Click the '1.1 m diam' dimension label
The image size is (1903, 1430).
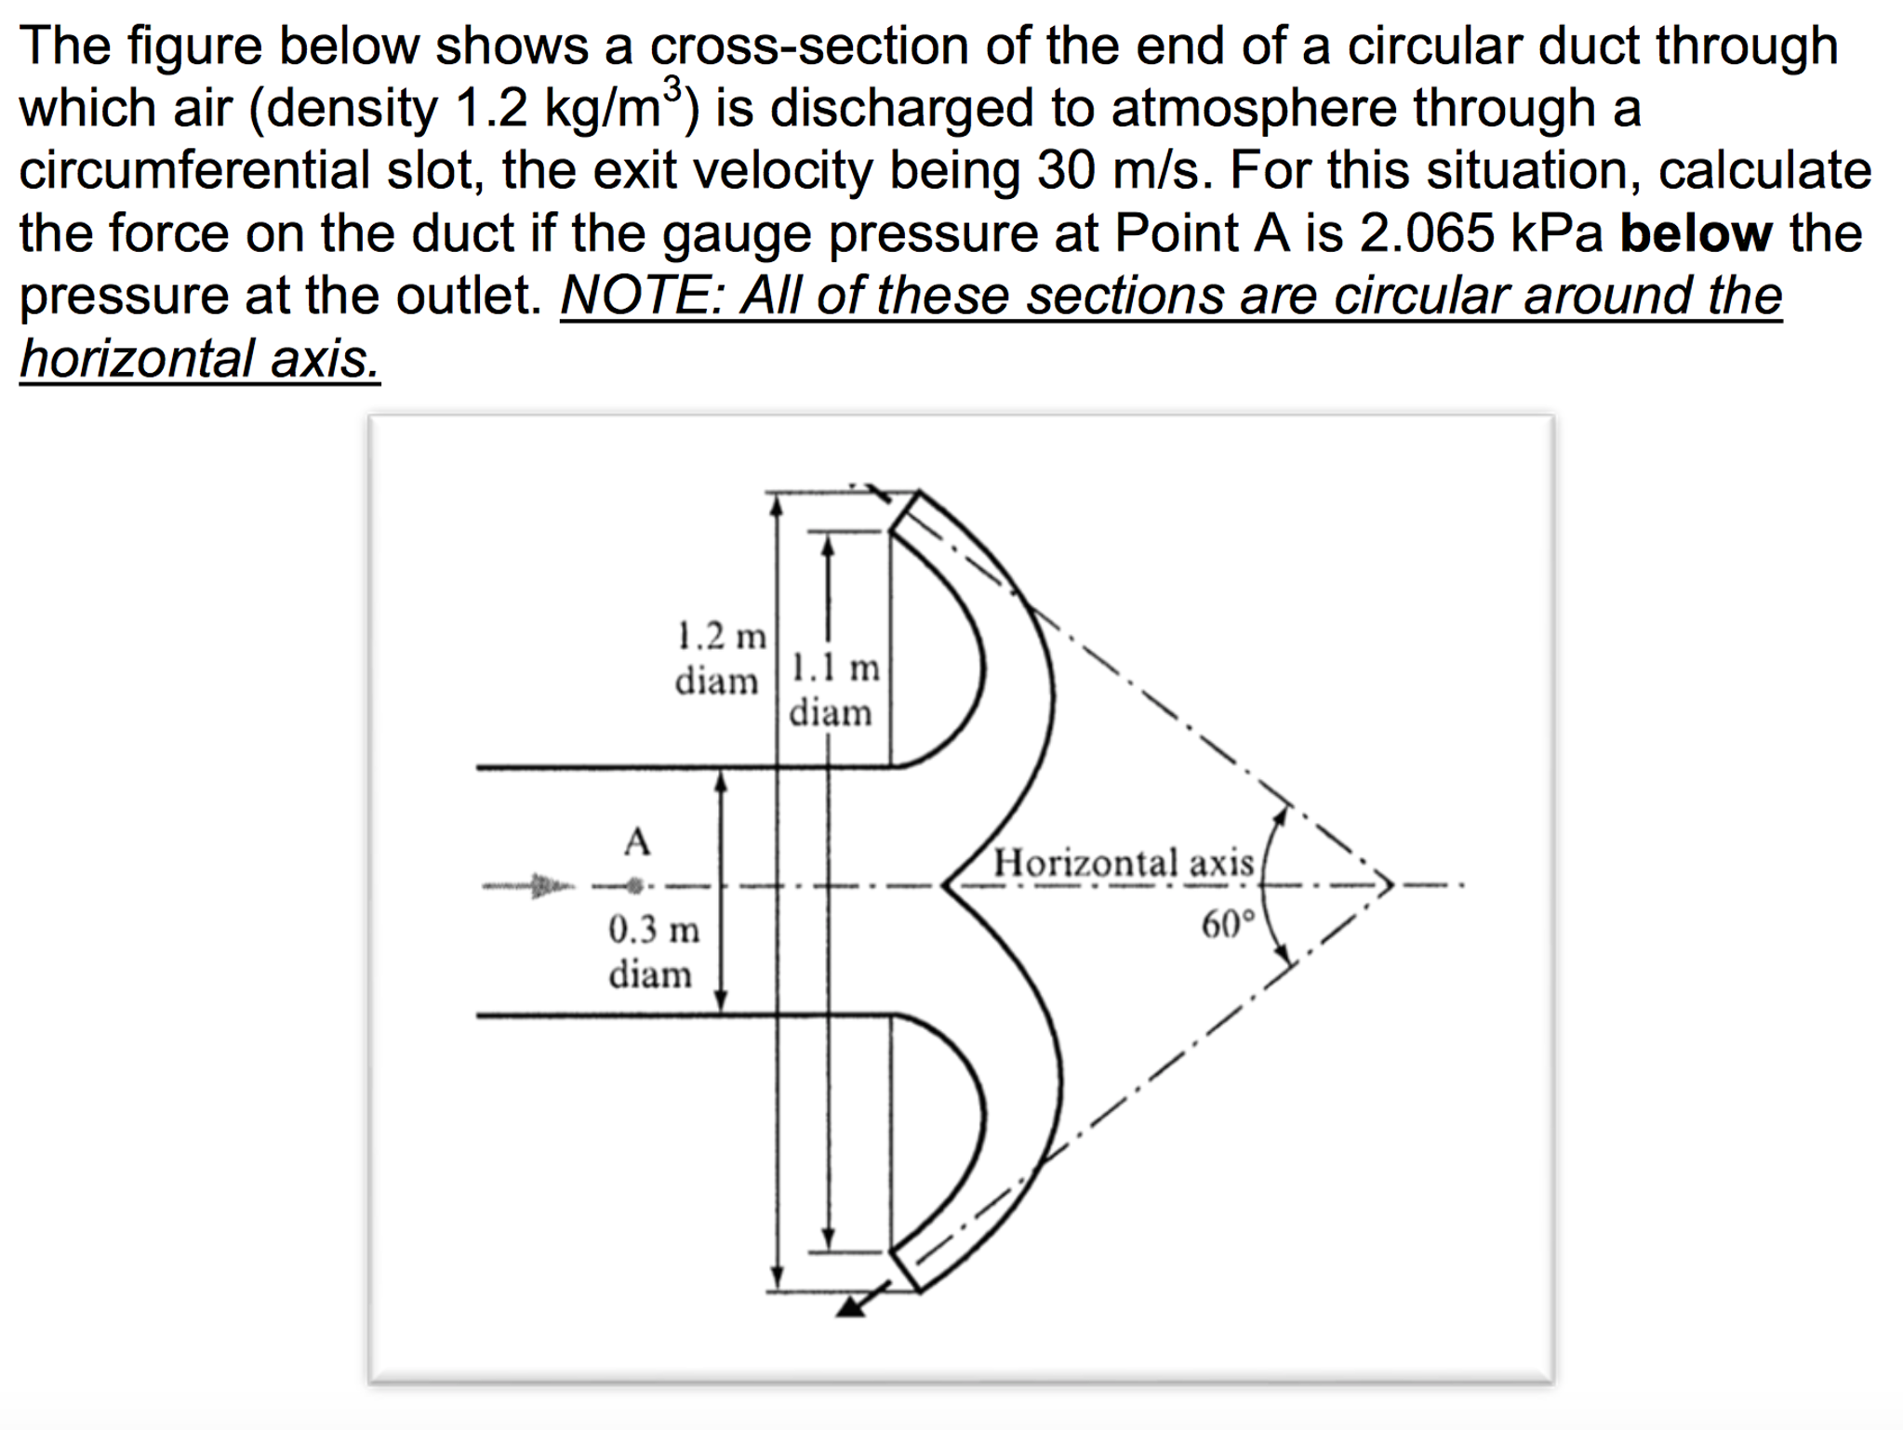tap(833, 690)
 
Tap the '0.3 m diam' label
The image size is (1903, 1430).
tap(653, 951)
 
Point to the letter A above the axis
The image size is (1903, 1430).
tap(637, 842)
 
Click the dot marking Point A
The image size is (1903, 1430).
tap(635, 885)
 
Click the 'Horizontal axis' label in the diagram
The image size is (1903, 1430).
tap(1124, 863)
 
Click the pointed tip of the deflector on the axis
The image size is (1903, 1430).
tap(945, 885)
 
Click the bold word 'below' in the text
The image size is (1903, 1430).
tap(1695, 233)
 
